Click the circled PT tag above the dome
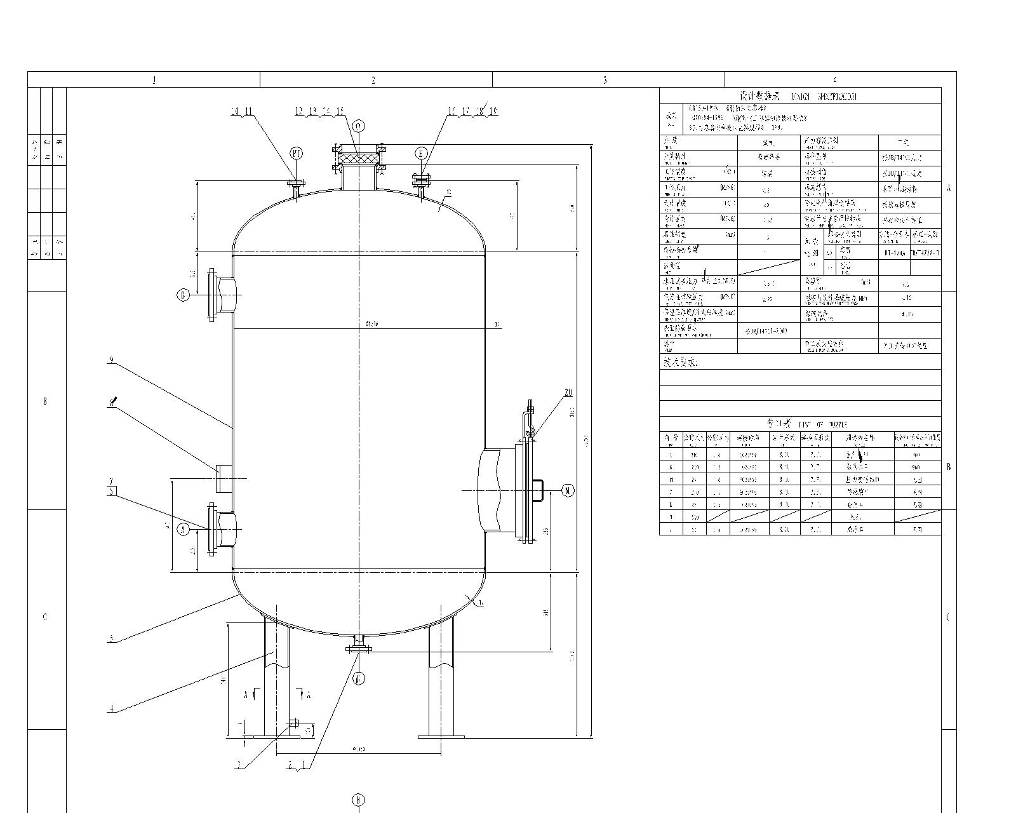click(297, 153)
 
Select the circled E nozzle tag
click(421, 154)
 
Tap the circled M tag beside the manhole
click(568, 490)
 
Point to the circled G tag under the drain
click(359, 679)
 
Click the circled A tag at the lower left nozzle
click(184, 528)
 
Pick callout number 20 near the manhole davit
click(568, 393)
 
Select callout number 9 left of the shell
click(112, 359)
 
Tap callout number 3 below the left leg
click(240, 765)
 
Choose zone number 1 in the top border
click(154, 80)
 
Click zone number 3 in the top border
click(605, 80)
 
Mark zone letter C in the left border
click(44, 617)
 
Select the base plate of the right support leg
click(441, 737)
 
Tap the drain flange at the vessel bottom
click(359, 648)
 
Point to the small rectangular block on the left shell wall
click(224, 478)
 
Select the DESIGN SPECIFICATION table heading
click(800, 97)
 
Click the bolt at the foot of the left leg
click(294, 723)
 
